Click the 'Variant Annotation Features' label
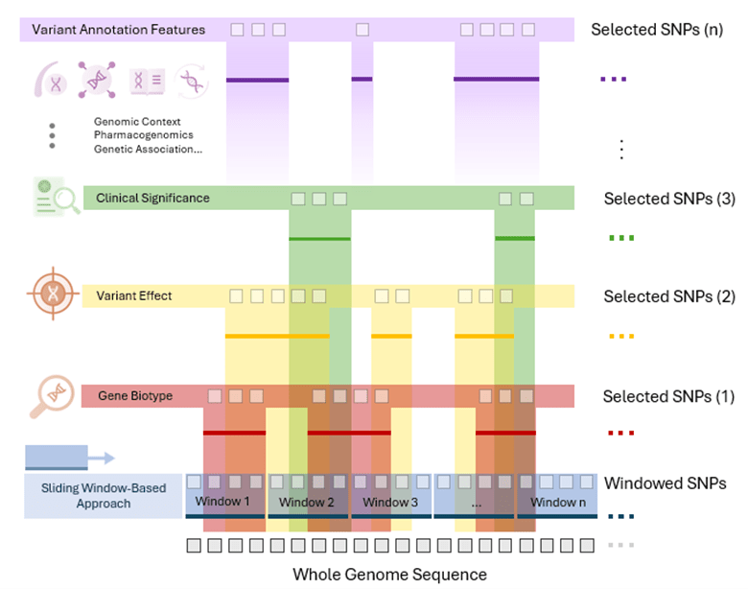pyautogui.click(x=118, y=30)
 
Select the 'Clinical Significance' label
pyautogui.click(x=152, y=199)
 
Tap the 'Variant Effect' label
pyautogui.click(x=134, y=296)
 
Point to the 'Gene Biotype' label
pyautogui.click(x=135, y=396)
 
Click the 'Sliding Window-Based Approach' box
pyautogui.click(x=104, y=496)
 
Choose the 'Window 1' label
pyautogui.click(x=222, y=502)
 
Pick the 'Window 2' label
pyautogui.click(x=306, y=503)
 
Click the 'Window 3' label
pyautogui.click(x=389, y=503)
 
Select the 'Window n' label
pyautogui.click(x=558, y=503)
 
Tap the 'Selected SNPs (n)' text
pyautogui.click(x=657, y=30)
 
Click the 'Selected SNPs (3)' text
pyautogui.click(x=668, y=200)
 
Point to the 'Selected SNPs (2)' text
pyautogui.click(x=668, y=297)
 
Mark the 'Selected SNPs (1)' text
pyautogui.click(x=667, y=397)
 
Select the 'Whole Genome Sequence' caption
pyautogui.click(x=389, y=575)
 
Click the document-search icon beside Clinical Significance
pyautogui.click(x=56, y=196)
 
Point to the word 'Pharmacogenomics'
pyautogui.click(x=143, y=135)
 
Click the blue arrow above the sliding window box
pyautogui.click(x=69, y=458)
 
